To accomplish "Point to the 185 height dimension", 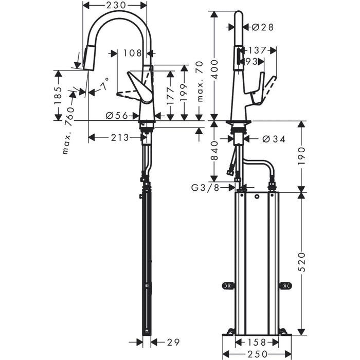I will pos(58,95).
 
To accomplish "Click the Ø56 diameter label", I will pos(117,116).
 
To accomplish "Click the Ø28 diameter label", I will pos(262,27).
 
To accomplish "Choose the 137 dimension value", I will pos(258,50).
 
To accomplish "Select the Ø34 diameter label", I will pos(273,139).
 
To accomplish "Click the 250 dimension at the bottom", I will pos(257,354).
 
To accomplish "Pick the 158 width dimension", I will pos(257,342).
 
